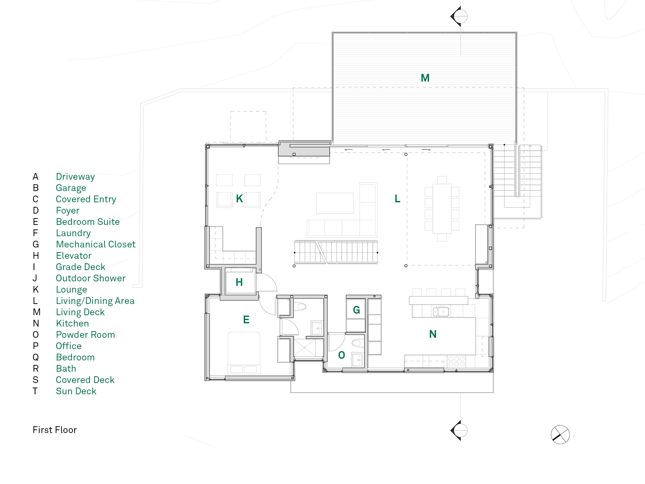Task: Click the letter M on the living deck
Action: [x=425, y=78]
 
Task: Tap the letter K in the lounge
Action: [x=239, y=199]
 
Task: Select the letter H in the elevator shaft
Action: [x=239, y=282]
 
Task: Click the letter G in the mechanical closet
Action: [x=356, y=310]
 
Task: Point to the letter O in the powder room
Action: [x=342, y=355]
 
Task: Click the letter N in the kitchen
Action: [x=433, y=334]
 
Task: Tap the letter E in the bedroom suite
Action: [x=246, y=320]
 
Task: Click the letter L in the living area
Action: [x=397, y=199]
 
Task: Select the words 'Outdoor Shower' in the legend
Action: [x=91, y=278]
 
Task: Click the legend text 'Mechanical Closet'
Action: [x=96, y=244]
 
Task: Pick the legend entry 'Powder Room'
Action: [x=85, y=335]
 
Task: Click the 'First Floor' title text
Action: [x=55, y=430]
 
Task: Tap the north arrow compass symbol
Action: [x=560, y=435]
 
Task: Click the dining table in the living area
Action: [x=442, y=208]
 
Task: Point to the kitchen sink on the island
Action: [x=441, y=312]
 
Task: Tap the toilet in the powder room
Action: [x=357, y=342]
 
